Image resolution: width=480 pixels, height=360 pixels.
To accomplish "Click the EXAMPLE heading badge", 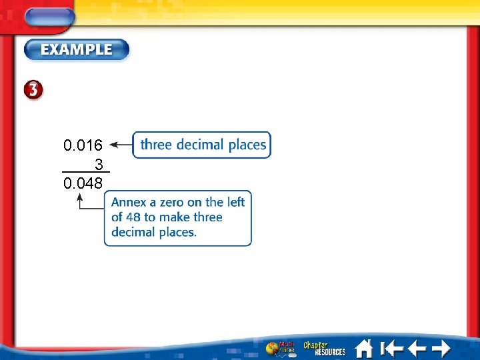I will coord(77,49).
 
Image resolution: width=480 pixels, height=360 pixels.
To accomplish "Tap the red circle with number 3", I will coord(34,91).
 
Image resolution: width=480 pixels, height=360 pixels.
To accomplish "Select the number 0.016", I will coord(83,145).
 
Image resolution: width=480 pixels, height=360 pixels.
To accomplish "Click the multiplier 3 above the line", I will coord(99,164).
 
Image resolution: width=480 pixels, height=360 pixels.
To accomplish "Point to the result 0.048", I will coord(83,183).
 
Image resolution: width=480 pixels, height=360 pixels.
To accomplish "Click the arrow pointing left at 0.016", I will coord(120,144).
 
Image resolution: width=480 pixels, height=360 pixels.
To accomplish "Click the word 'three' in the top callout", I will coord(156,145).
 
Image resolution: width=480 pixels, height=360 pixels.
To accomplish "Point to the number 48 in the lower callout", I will coord(133,217).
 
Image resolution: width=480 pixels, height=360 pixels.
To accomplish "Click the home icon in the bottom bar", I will coord(364,349).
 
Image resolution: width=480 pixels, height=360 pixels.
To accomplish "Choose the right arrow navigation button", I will coord(441,349).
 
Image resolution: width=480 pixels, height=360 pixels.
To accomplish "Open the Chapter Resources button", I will coord(325,349).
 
